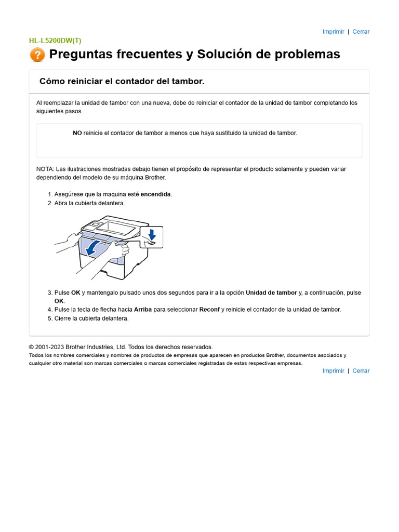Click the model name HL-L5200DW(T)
55,41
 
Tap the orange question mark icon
37,55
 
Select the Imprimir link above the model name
333,32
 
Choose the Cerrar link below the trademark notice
361,371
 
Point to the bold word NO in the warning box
77,133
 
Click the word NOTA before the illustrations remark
45,169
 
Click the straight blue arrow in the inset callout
151,233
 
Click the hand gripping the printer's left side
66,240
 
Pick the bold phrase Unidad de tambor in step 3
271,293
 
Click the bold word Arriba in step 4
143,310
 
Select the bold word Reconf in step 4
209,310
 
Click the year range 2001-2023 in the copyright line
50,347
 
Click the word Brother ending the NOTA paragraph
155,178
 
